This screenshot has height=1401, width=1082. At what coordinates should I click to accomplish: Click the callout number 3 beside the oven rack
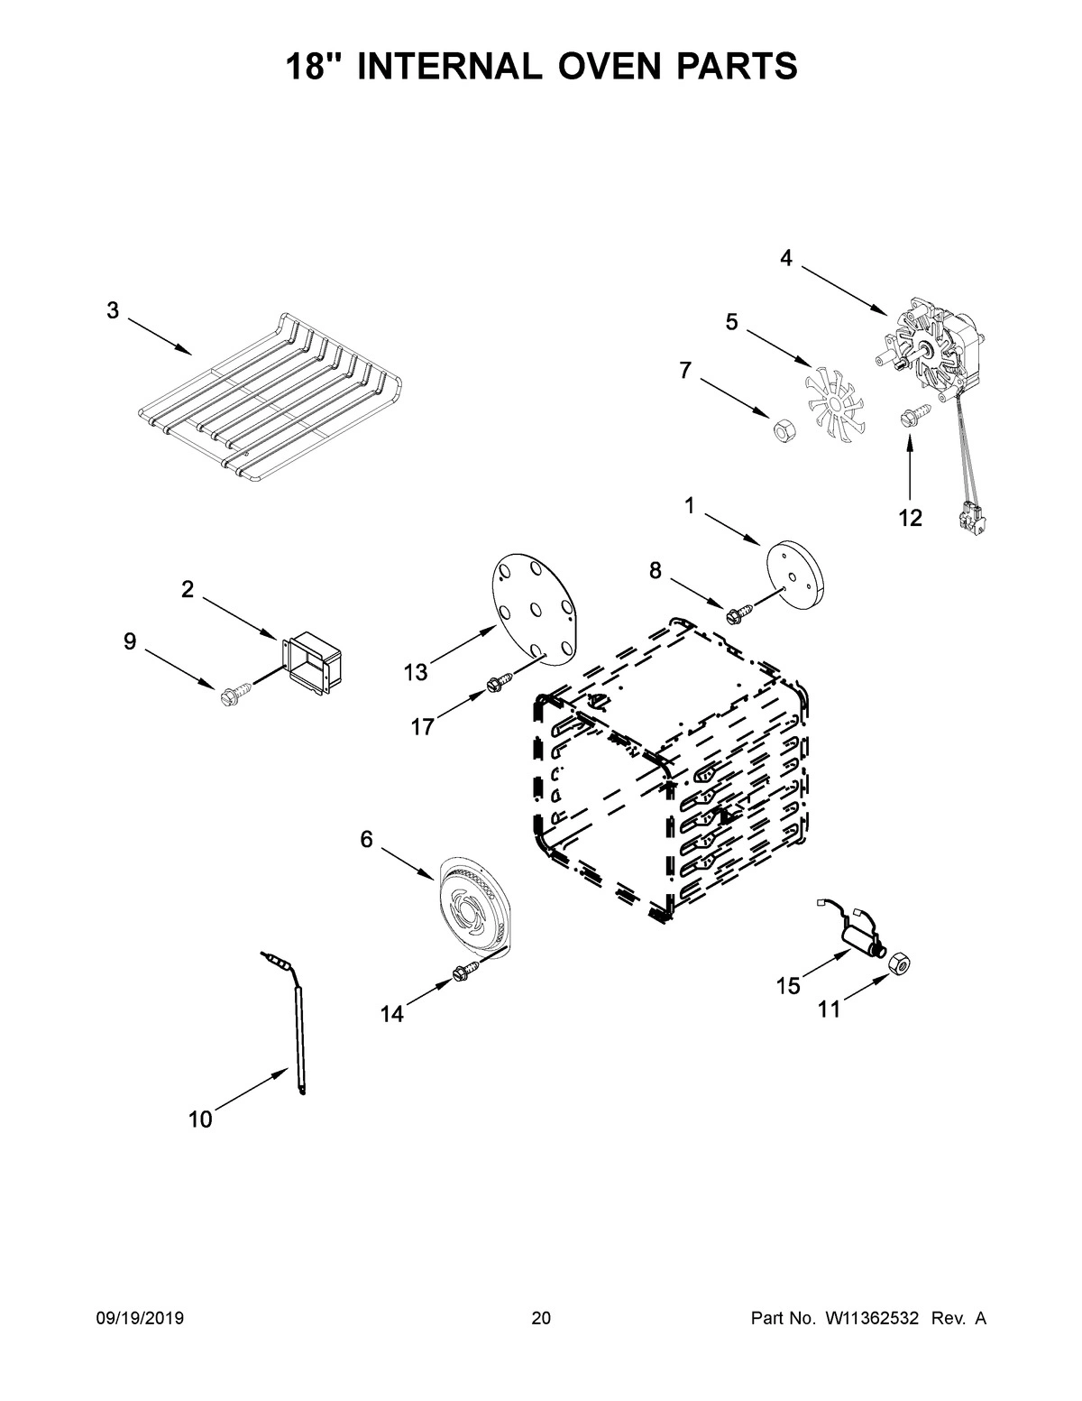point(113,311)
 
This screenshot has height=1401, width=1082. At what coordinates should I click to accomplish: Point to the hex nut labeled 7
point(781,428)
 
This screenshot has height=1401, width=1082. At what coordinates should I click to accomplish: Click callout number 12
point(910,518)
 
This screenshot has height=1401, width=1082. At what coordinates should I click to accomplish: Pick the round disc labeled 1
point(796,568)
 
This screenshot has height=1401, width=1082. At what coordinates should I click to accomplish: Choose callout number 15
point(788,986)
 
